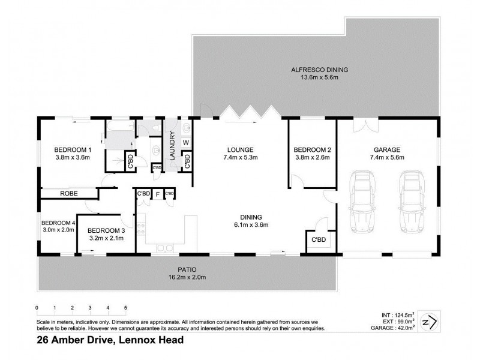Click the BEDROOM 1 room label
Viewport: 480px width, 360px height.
coord(72,150)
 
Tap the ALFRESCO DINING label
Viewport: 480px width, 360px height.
coord(320,70)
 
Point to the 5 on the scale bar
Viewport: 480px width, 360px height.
coord(125,308)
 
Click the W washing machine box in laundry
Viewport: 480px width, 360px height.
coord(186,143)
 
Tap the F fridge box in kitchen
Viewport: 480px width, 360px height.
coord(157,194)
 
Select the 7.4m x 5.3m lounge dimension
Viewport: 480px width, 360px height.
coord(241,158)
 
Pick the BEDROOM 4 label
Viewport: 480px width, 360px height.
coord(58,223)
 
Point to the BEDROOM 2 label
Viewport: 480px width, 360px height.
coord(312,150)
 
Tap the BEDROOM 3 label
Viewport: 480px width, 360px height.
coord(106,230)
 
